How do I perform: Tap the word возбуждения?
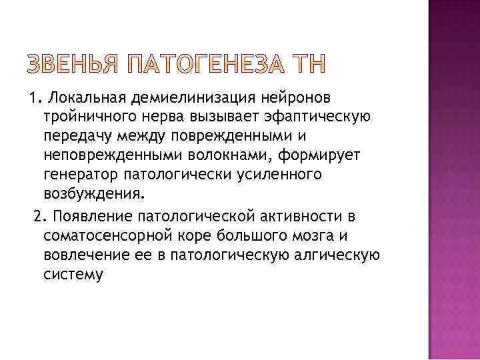tap(92, 194)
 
